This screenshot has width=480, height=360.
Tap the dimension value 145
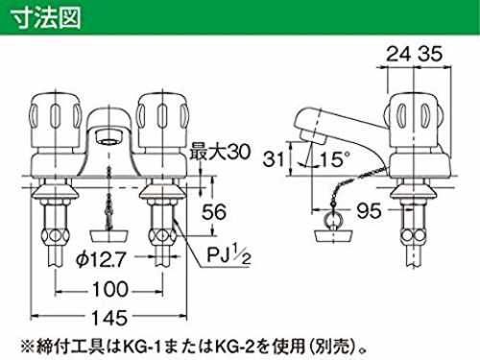[109, 318]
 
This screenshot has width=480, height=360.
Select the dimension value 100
[110, 289]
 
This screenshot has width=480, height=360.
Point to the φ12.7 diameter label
[100, 259]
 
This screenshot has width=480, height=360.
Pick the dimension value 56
[214, 211]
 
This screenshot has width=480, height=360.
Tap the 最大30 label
[220, 152]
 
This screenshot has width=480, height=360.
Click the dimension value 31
[273, 158]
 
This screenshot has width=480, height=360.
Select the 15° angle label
[335, 158]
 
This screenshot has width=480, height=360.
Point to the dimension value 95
[370, 210]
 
